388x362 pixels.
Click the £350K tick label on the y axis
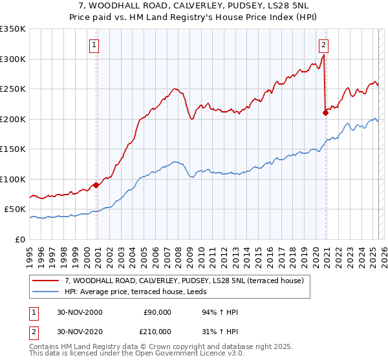(13, 29)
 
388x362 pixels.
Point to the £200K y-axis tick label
(13, 119)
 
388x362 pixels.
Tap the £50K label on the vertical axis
(16, 209)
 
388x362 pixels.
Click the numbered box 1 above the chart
(94, 45)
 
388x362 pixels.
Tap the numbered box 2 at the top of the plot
(323, 45)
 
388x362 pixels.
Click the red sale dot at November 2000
(96, 186)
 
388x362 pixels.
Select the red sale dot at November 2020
(325, 113)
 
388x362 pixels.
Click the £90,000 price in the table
(157, 312)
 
